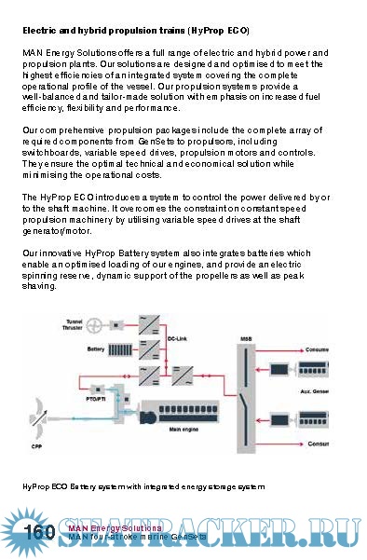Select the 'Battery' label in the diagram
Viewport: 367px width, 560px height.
[95, 349]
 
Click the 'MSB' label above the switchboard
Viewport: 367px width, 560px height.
[246, 339]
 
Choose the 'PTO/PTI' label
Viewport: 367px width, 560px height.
[96, 398]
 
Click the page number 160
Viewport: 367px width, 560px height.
[41, 532]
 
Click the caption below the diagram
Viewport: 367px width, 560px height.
[144, 486]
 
